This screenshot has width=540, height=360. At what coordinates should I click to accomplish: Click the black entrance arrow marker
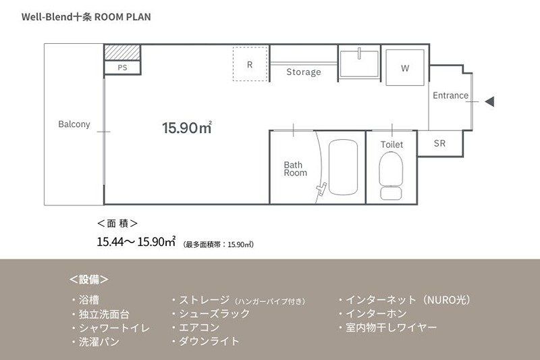point(491,102)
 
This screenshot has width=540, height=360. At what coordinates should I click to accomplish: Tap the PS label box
point(122,68)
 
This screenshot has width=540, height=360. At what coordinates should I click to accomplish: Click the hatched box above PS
point(122,52)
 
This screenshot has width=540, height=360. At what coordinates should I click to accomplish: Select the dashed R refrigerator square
point(250,64)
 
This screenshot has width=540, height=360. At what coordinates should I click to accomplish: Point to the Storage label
point(303,72)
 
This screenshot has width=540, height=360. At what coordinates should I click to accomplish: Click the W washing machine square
point(405,68)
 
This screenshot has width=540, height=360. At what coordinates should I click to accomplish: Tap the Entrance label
point(450,95)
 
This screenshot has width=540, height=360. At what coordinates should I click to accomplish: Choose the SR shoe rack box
point(439,143)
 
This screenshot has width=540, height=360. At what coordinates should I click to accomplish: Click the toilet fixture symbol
point(391,174)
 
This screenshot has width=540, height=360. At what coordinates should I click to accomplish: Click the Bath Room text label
point(295,168)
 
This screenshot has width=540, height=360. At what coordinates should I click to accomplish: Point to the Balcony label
point(74,124)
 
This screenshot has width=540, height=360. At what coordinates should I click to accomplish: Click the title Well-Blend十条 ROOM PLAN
point(86,16)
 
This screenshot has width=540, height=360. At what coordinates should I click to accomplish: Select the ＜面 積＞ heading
point(118,222)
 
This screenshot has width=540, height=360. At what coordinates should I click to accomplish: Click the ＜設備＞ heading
point(88,279)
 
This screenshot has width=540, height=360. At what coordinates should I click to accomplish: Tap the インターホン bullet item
point(381,313)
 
